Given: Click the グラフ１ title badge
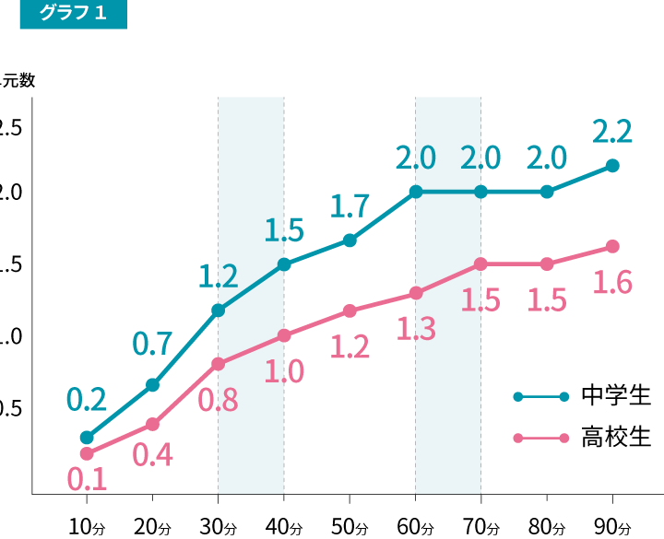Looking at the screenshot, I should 73,14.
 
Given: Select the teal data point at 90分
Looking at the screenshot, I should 612,166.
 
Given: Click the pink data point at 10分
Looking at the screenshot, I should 87,453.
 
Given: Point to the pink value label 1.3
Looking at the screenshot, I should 415,328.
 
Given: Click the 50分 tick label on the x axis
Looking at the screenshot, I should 350,528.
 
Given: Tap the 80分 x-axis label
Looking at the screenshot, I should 547,528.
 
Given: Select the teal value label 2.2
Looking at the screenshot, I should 612,133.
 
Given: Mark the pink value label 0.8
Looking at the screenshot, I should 218,400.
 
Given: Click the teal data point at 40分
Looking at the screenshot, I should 284,264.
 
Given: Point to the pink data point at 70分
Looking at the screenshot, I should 481,264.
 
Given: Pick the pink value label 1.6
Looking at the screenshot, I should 612,282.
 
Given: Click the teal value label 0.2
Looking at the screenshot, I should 87,399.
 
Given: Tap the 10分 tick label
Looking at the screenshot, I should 87,528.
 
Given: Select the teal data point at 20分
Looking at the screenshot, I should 153,384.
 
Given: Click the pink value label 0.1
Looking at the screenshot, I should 87,479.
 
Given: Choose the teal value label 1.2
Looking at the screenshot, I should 219,275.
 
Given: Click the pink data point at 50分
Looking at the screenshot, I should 350,311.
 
